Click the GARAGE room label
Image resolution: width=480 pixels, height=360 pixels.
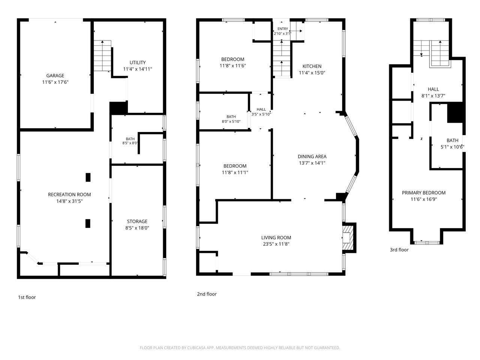[x=55, y=76]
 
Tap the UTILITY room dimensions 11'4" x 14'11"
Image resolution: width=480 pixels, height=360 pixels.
[x=138, y=69]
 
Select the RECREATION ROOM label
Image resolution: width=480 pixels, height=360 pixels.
[x=69, y=195]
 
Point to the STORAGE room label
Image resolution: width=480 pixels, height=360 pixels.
[x=137, y=221]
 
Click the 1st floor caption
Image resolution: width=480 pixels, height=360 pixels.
[x=27, y=297]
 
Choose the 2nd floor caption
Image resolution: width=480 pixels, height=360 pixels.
[x=207, y=294]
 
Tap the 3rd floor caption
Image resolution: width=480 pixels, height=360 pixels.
[x=399, y=250]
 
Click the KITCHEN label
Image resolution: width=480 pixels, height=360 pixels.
[x=312, y=66]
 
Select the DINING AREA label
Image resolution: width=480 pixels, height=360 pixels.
[x=312, y=156]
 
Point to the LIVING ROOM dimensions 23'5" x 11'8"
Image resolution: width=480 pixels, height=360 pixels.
[x=276, y=244]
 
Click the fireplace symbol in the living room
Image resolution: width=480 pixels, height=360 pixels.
[x=347, y=238]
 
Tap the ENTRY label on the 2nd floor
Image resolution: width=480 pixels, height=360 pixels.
[x=283, y=29]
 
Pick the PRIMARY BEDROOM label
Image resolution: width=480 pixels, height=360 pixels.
[x=424, y=193]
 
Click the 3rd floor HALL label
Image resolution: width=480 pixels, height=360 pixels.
[x=433, y=89]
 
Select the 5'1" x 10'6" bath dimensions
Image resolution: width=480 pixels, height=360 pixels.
[x=452, y=147]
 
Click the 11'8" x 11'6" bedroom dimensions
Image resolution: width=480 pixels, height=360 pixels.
[x=232, y=66]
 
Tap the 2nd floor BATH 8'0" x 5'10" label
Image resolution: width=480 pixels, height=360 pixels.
[x=231, y=119]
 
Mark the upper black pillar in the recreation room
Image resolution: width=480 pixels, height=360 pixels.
[x=88, y=177]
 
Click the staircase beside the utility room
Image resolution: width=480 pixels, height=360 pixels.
[x=102, y=56]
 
